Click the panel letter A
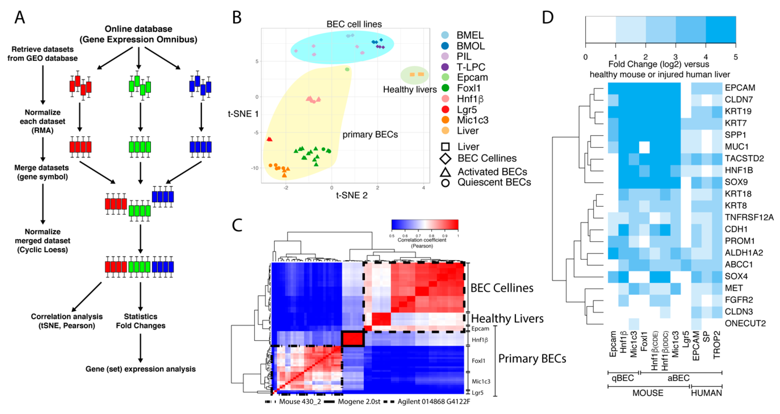pyautogui.click(x=20, y=17)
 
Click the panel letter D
pyautogui.click(x=548, y=17)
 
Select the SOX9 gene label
pyautogui.click(x=736, y=182)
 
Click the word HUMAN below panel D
pyautogui.click(x=706, y=393)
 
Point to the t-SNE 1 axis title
pyautogui.click(x=243, y=114)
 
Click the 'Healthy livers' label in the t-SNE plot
pyautogui.click(x=410, y=90)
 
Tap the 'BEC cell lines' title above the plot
pyautogui.click(x=354, y=24)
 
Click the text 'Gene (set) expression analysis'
pyautogui.click(x=140, y=369)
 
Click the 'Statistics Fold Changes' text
pyautogui.click(x=140, y=321)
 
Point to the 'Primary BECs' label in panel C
pyautogui.click(x=532, y=359)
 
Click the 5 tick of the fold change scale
pyautogui.click(x=735, y=57)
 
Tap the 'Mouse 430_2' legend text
pyautogui.click(x=300, y=402)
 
